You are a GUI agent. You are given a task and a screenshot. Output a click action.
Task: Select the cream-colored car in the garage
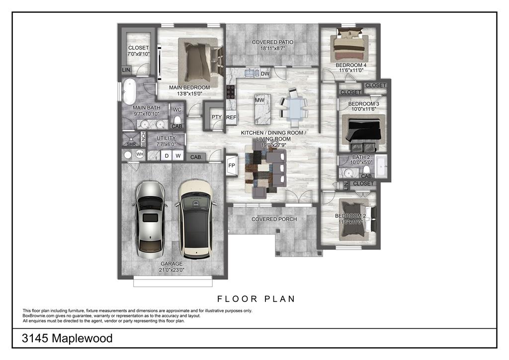pyautogui.click(x=196, y=220)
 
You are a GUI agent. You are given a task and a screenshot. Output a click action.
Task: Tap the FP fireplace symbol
pyautogui.click(x=232, y=166)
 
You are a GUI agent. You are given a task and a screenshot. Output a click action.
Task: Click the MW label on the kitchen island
pyautogui.click(x=259, y=100)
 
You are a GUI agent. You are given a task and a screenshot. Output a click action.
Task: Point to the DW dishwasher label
pyautogui.click(x=265, y=74)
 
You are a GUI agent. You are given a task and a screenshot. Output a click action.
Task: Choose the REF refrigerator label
pyautogui.click(x=231, y=117)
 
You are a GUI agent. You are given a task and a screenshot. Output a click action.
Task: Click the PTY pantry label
pyautogui.click(x=217, y=117)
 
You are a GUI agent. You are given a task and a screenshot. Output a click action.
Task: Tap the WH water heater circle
pyautogui.click(x=140, y=154)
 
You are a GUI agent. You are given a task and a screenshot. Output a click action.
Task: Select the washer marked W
pyautogui.click(x=178, y=156)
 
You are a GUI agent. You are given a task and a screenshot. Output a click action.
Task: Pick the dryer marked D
pyautogui.click(x=167, y=156)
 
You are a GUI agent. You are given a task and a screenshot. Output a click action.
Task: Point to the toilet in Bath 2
pyautogui.click(x=367, y=169)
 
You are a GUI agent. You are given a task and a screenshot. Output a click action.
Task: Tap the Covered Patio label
pyautogui.click(x=273, y=42)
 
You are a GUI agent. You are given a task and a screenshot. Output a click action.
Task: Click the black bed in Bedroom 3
pyautogui.click(x=363, y=131)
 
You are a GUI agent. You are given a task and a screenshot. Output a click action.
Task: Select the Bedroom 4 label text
pyautogui.click(x=351, y=65)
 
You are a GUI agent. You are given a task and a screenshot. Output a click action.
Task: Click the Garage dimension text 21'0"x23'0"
pyautogui.click(x=171, y=270)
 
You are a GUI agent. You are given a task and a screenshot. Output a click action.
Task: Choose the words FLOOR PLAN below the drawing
pyautogui.click(x=256, y=299)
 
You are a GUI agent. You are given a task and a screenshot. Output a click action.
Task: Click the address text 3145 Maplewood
pyautogui.click(x=67, y=338)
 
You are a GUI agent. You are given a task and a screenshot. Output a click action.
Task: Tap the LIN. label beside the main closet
pyautogui.click(x=127, y=70)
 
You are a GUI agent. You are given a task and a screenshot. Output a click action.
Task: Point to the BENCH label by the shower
pyautogui.click(x=144, y=139)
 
